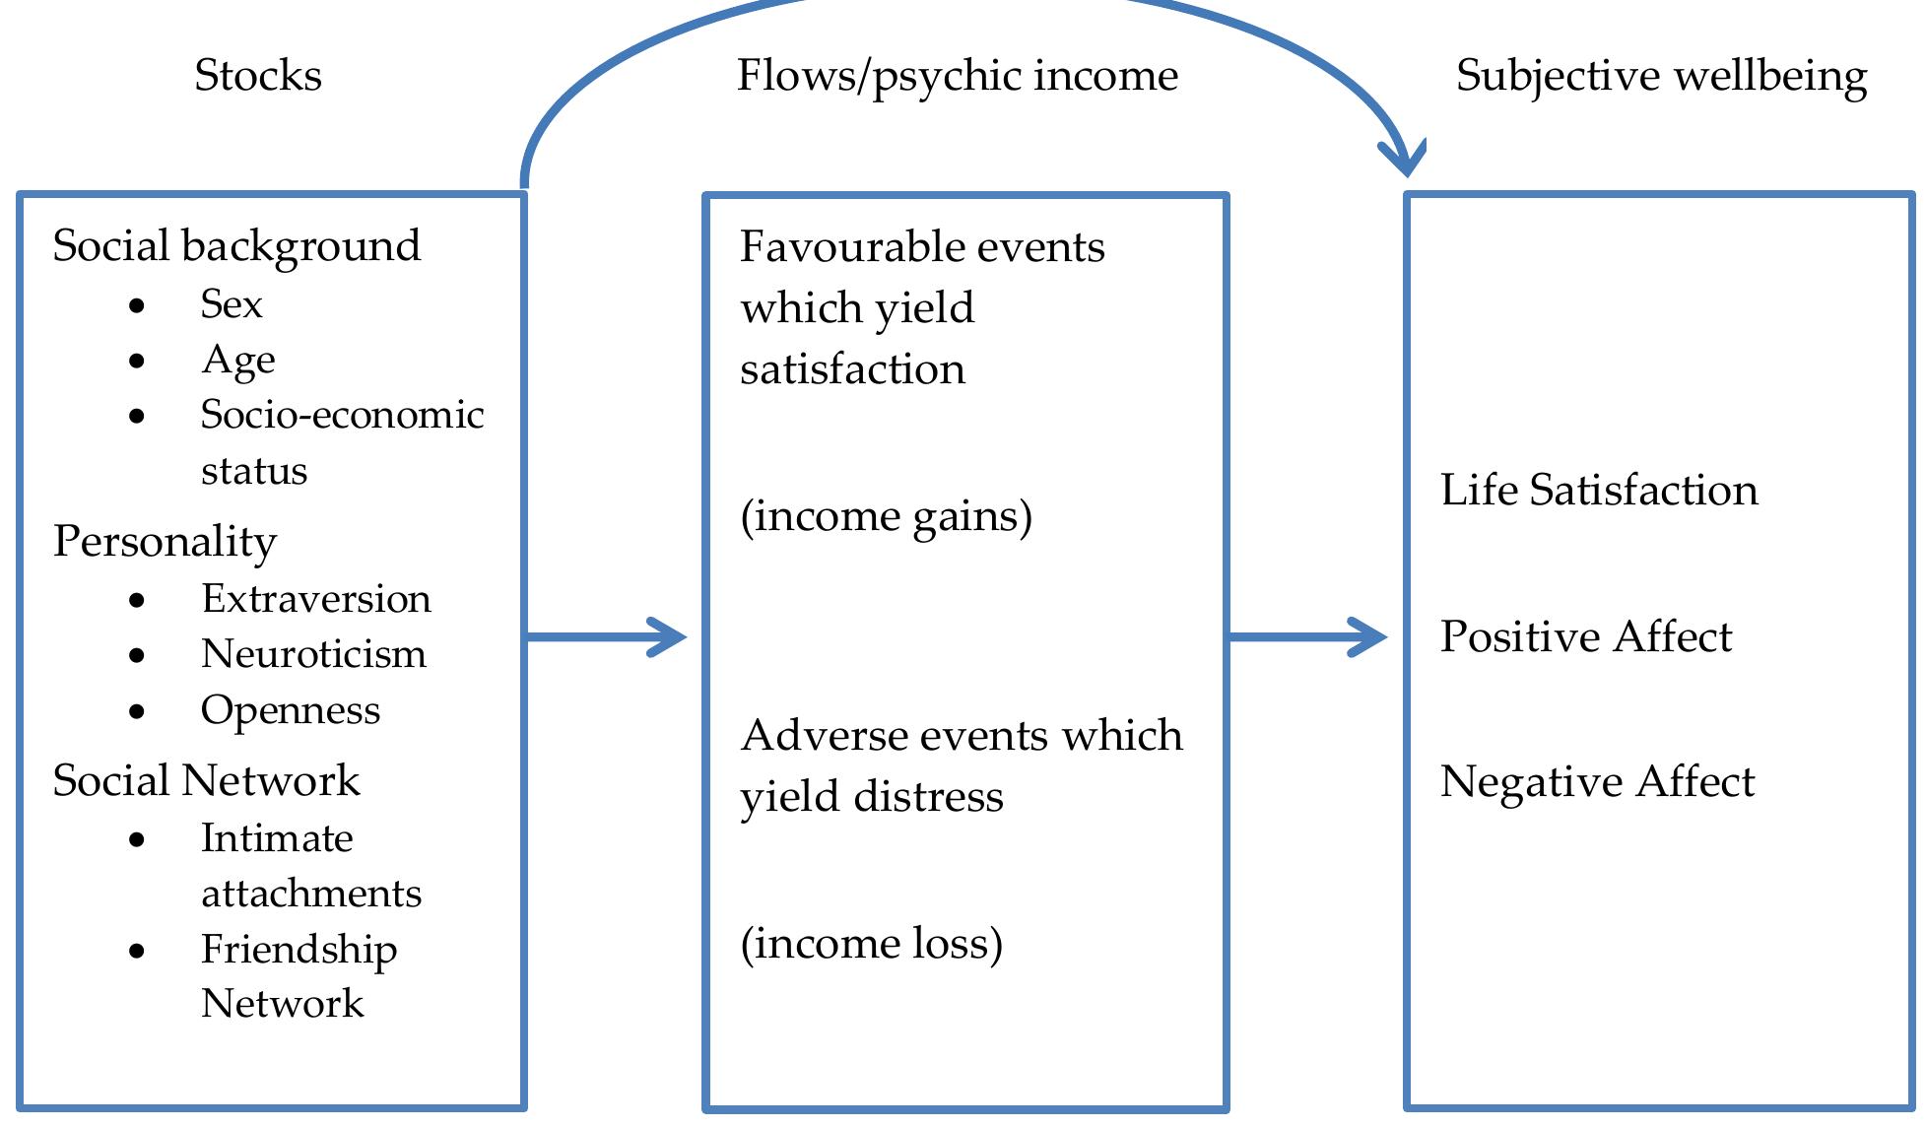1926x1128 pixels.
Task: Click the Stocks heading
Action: coord(258,76)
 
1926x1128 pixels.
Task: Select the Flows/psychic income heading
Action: coord(957,76)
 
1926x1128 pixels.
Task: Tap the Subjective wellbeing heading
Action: coord(1661,76)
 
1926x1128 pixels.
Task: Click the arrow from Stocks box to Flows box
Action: coord(606,637)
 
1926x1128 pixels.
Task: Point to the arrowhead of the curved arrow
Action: coord(1403,158)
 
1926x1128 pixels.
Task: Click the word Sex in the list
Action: coord(232,304)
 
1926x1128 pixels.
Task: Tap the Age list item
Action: coord(238,361)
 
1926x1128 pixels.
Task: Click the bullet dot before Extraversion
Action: coord(137,600)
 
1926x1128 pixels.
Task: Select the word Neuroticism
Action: coord(313,654)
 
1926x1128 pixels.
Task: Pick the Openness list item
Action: coord(291,710)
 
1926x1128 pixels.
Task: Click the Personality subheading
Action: coord(165,541)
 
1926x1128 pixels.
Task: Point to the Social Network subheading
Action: coord(206,780)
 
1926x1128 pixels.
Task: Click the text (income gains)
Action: coord(886,516)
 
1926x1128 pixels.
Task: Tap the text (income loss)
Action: coord(871,944)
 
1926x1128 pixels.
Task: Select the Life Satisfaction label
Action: coord(1598,491)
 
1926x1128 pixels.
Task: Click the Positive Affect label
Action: coord(1585,636)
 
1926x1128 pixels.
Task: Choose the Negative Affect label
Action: coord(1597,782)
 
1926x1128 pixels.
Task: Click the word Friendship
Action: coord(299,950)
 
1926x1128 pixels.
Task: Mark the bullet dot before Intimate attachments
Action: coord(137,840)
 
